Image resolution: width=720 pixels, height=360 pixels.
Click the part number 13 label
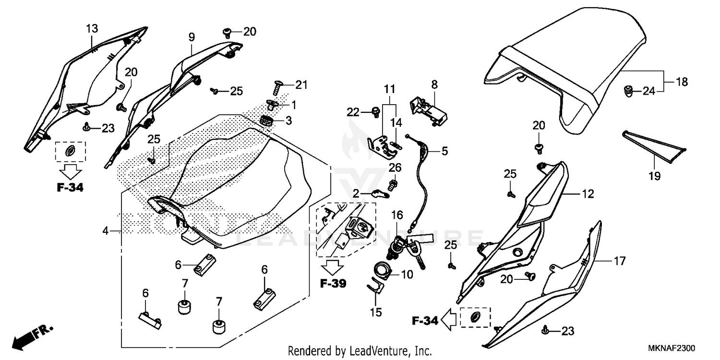click(92, 29)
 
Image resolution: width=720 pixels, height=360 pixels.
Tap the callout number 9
click(191, 36)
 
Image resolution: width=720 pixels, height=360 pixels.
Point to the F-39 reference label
click(333, 284)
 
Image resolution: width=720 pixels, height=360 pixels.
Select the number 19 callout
click(655, 176)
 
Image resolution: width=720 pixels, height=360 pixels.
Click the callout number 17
click(620, 261)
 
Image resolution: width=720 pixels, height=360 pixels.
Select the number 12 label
click(588, 194)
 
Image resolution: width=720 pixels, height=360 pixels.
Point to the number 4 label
click(105, 231)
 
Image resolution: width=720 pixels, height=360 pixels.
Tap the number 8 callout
click(434, 85)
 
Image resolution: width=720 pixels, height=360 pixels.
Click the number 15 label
click(376, 312)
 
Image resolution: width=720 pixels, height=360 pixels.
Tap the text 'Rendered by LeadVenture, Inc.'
click(360, 350)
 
